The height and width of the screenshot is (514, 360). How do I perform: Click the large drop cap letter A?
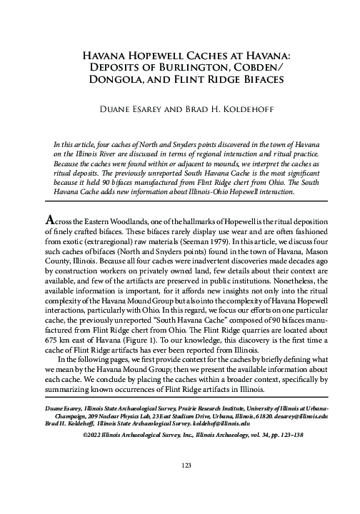click(50, 218)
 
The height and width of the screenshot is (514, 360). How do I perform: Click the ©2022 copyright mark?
click(93, 433)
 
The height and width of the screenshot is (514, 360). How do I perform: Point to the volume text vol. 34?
click(253, 433)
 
